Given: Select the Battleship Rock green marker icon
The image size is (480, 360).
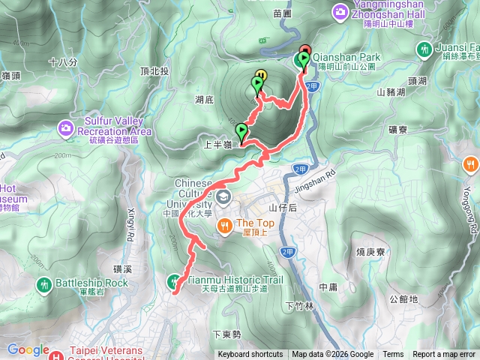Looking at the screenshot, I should point(44,283).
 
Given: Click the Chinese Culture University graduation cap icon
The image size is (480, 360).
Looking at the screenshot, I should point(223,197).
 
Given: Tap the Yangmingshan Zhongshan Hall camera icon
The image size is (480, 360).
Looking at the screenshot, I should point(340,10).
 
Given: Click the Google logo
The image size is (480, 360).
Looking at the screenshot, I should point(28,349).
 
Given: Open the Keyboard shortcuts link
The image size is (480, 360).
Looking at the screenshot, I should point(250,355).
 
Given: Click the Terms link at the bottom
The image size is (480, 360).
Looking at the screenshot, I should point(393,355).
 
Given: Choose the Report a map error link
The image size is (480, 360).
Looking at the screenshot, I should point(444,355).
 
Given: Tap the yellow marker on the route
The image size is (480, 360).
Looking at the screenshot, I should point(260,75).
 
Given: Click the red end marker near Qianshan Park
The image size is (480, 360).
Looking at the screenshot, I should point(304,51).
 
